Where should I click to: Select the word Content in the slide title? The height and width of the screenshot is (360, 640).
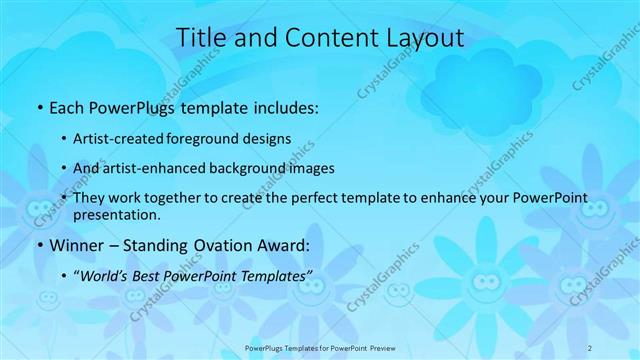pyautogui.click(x=320, y=38)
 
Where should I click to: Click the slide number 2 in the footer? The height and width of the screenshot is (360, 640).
pyautogui.click(x=590, y=347)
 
